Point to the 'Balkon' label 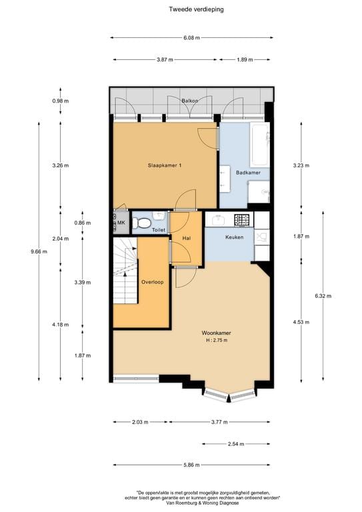(x=190, y=101)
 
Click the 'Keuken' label (x=234, y=237)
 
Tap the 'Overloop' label (x=152, y=282)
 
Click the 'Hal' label (x=178, y=238)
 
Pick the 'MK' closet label (x=121, y=223)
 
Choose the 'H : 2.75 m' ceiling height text (x=217, y=341)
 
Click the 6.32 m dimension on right (x=324, y=295)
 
